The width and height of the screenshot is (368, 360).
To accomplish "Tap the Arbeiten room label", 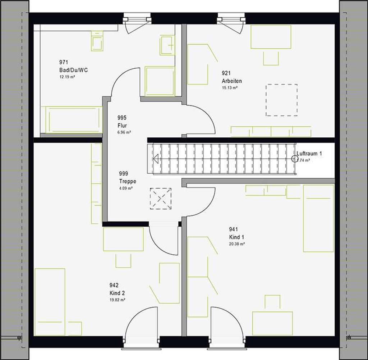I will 231,81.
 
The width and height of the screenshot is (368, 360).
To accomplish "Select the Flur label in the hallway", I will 122,126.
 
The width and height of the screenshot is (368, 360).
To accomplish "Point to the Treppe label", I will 128,181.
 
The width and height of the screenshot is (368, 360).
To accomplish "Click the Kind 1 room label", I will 236,237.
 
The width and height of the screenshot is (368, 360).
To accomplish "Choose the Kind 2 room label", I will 118,293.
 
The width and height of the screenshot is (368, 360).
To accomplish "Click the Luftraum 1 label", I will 309,154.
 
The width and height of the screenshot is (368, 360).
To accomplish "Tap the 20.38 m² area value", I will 237,244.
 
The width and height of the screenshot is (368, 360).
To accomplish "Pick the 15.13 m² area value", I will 230,87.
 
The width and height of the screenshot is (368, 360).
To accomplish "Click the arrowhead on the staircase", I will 156,159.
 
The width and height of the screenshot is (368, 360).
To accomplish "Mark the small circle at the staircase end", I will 295,159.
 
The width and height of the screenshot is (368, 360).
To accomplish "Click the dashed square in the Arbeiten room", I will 281,100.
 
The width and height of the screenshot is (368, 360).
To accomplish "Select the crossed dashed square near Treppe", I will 161,199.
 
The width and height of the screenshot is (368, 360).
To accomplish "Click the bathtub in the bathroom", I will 71,119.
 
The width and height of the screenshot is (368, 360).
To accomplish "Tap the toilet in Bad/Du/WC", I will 97,41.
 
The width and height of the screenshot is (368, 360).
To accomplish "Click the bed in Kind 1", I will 318,218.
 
